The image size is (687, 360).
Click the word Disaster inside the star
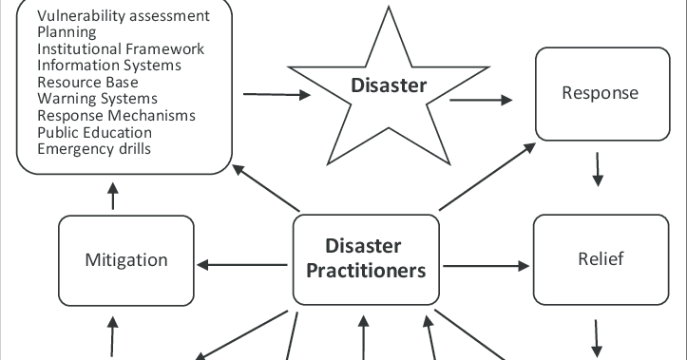(389, 86)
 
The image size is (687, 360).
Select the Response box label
(600, 93)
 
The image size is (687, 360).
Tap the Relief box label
(601, 259)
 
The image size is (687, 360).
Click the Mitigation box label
(125, 260)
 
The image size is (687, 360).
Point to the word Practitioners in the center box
(366, 272)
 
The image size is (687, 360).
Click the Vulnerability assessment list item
(123, 17)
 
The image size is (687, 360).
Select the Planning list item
(67, 33)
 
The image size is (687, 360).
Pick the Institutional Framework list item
(121, 49)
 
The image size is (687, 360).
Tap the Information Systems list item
(109, 66)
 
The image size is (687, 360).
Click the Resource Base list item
(87, 83)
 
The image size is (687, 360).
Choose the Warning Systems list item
(97, 99)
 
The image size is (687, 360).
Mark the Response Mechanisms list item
(116, 115)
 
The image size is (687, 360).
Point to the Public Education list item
(94, 132)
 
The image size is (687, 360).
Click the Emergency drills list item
(93, 148)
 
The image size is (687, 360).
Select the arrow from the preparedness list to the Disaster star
(277, 94)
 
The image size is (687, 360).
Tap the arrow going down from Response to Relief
(598, 169)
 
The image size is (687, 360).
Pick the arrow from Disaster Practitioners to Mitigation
(241, 262)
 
